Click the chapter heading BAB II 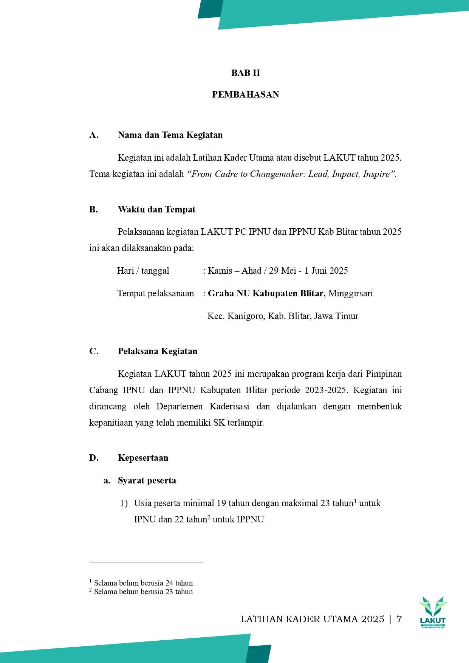click(246, 73)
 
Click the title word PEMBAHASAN click(246, 94)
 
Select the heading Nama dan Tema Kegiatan click(170, 135)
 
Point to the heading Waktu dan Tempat click(156, 209)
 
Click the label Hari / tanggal click(143, 271)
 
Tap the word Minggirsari click(350, 293)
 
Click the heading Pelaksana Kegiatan click(158, 351)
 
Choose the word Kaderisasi click(229, 406)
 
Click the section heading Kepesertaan click(143, 458)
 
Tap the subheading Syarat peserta click(147, 480)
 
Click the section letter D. click(94, 458)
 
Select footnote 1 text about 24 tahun click(143, 583)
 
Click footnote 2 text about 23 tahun click(143, 592)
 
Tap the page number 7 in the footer click(399, 619)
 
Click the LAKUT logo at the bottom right click(433, 612)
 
